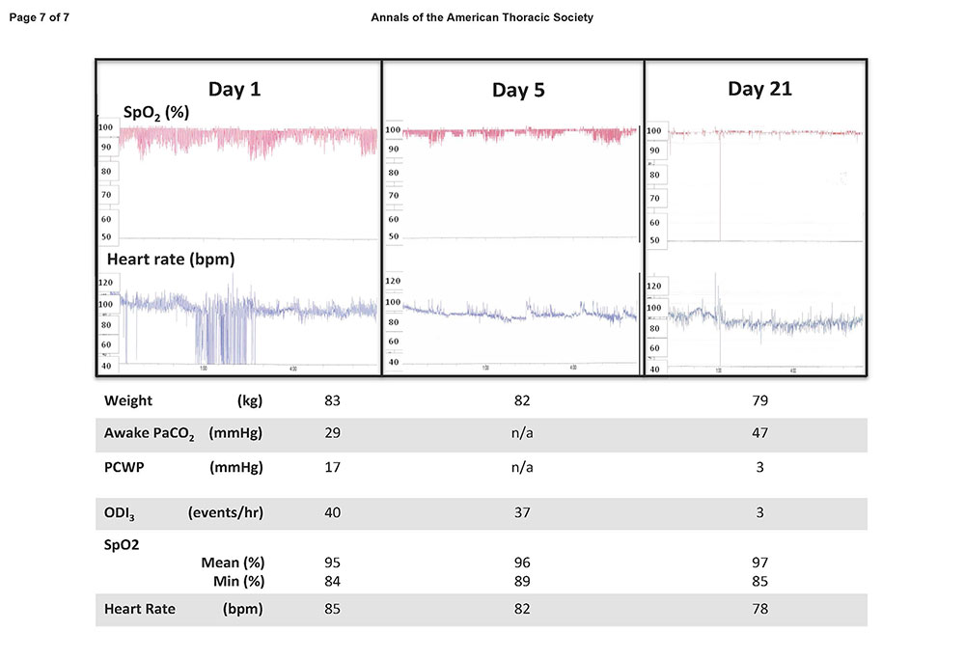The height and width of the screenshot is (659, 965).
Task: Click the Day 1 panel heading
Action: coord(234,90)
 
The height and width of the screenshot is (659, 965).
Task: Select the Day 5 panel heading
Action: coord(518,91)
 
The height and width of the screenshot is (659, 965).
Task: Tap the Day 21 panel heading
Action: coord(759,89)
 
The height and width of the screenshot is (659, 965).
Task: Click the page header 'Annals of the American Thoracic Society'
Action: coord(482,17)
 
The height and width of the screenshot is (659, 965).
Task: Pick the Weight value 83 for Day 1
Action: coord(334,400)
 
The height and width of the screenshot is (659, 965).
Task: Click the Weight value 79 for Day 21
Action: coord(759,400)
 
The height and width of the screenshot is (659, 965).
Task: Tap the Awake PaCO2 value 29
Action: coord(334,433)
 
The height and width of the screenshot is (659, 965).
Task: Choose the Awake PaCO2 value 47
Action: coord(759,433)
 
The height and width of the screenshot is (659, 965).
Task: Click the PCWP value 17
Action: coord(334,467)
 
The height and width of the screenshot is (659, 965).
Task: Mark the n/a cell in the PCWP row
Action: coord(522,467)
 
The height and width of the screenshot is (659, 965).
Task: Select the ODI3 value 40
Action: coord(334,512)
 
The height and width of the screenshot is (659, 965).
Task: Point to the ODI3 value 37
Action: coord(522,512)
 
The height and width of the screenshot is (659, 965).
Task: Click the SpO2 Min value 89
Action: coord(522,581)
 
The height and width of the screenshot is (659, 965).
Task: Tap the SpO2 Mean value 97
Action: coord(759,563)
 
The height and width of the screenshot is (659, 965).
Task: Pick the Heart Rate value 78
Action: coord(759,609)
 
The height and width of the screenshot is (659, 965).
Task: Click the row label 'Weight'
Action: coord(128,400)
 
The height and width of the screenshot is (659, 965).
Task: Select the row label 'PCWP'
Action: coord(124,467)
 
